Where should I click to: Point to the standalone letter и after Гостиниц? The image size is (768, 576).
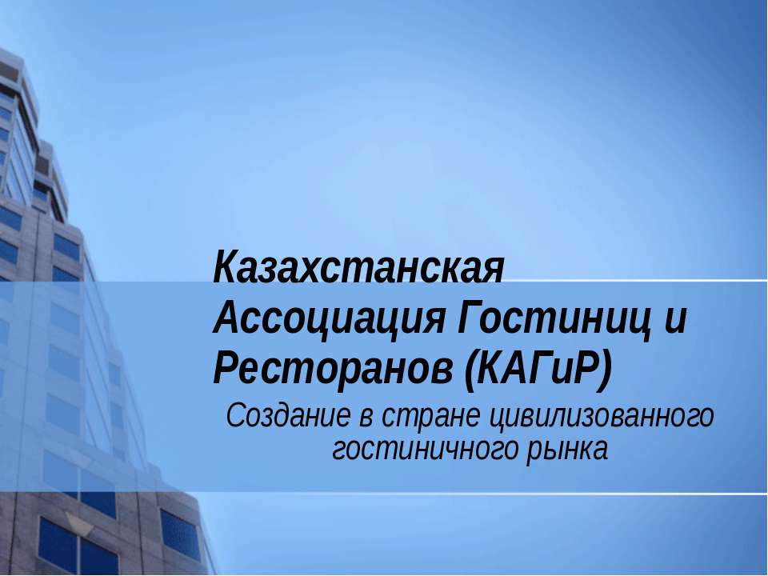(x=675, y=320)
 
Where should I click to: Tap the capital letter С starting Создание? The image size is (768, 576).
(x=236, y=417)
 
